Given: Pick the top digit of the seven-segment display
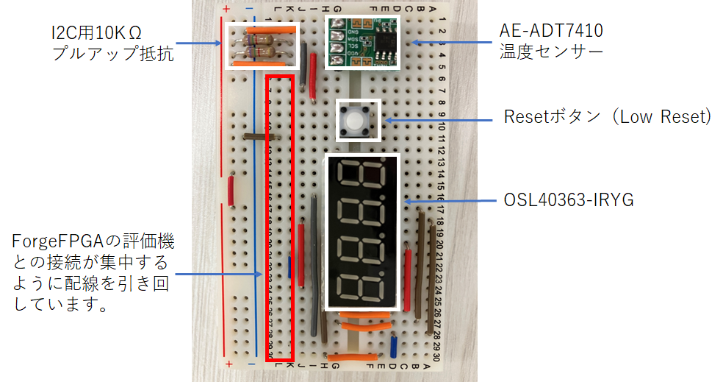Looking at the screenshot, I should coord(363,177).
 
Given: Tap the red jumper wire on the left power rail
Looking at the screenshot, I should coord(231,190).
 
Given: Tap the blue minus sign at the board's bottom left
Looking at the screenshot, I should coord(249,364).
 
